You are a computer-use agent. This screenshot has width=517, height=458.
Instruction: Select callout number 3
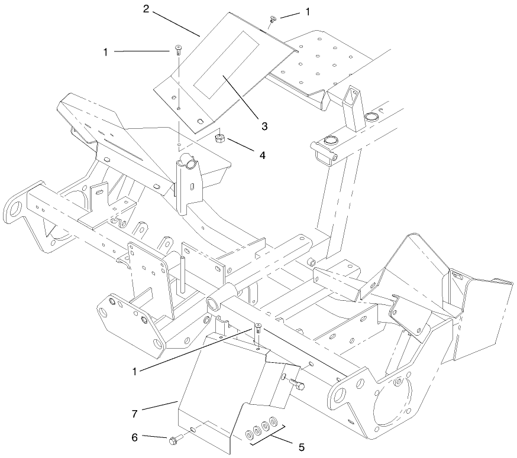(x=264, y=126)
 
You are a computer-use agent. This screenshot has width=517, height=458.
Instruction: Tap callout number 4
(x=261, y=155)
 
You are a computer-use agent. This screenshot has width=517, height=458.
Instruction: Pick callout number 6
(x=134, y=437)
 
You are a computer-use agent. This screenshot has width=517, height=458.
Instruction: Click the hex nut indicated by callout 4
(x=219, y=138)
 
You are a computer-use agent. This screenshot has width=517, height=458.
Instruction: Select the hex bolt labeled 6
(x=175, y=440)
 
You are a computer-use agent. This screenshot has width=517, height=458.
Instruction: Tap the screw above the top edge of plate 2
(x=273, y=20)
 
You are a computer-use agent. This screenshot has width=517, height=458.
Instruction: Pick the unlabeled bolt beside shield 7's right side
(x=297, y=385)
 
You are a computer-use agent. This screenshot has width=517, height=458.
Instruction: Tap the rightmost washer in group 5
(x=273, y=422)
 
